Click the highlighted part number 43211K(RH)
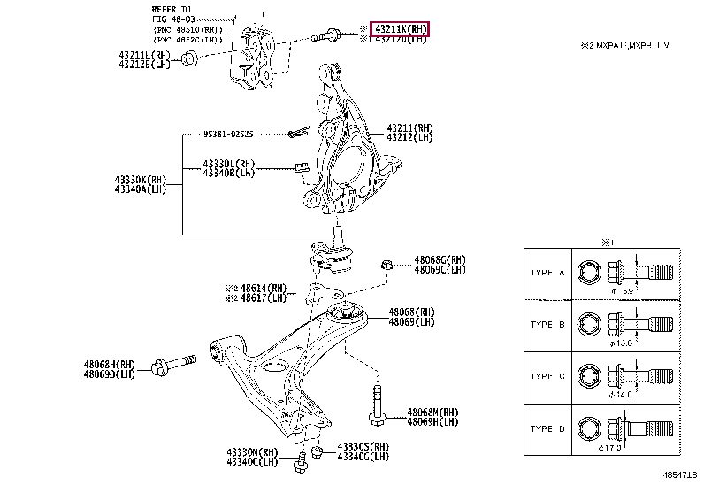pyautogui.click(x=400, y=29)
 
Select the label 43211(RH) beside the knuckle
pyautogui.click(x=409, y=128)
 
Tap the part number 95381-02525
pyautogui.click(x=227, y=135)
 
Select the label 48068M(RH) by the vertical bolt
pyautogui.click(x=432, y=412)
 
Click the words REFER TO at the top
pyautogui.click(x=170, y=8)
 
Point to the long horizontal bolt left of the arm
pyautogui.click(x=178, y=364)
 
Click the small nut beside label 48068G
pyautogui.click(x=386, y=264)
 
